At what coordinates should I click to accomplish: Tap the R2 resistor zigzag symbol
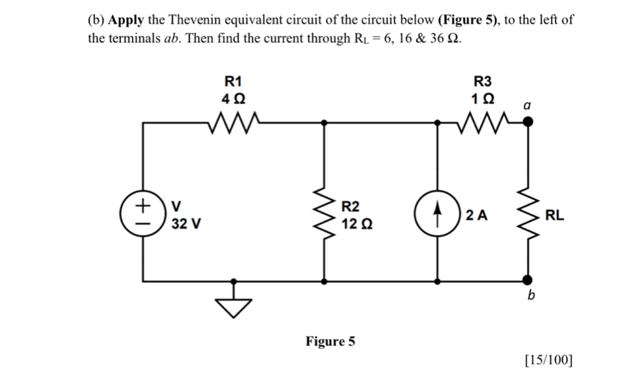[324, 214]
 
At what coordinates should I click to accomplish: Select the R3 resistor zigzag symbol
[483, 122]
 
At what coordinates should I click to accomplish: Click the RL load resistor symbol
[527, 214]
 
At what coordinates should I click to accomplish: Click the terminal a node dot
[527, 122]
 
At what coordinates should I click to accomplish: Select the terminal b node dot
[527, 280]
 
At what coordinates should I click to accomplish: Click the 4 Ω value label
[233, 98]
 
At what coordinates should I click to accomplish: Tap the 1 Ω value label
[483, 98]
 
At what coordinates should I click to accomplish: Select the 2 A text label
[476, 214]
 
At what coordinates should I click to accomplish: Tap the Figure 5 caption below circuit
[330, 341]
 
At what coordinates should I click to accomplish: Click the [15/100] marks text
[548, 360]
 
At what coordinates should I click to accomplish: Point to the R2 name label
[351, 206]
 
